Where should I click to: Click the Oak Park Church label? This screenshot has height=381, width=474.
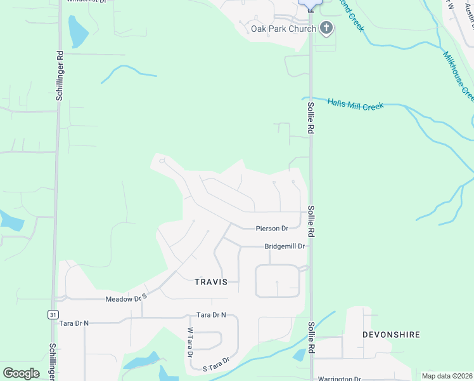pyautogui.click(x=283, y=29)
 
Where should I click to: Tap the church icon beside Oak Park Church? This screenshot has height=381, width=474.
pyautogui.click(x=326, y=28)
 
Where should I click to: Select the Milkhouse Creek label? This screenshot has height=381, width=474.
pyautogui.click(x=458, y=75)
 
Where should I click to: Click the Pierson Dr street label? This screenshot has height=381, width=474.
pyautogui.click(x=272, y=228)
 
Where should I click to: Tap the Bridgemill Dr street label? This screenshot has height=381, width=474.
pyautogui.click(x=285, y=246)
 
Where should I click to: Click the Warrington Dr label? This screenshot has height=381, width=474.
pyautogui.click(x=340, y=378)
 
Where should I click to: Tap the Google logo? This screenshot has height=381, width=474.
pyautogui.click(x=21, y=373)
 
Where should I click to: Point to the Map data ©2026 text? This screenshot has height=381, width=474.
pyautogui.click(x=446, y=376)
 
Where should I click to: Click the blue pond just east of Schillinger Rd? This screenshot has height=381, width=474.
pyautogui.click(x=78, y=32)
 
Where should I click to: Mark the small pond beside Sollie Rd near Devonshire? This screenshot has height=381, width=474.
pyautogui.click(x=298, y=355)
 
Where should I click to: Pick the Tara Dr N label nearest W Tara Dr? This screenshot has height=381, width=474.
pyautogui.click(x=211, y=315)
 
